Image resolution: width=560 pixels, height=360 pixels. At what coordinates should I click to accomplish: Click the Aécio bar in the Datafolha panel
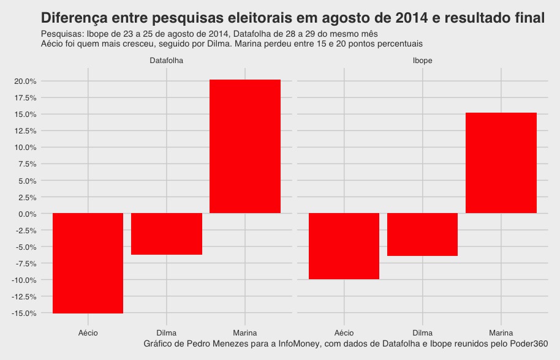click(x=88, y=263)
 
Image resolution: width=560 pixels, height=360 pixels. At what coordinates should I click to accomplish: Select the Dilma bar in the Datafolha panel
click(x=167, y=234)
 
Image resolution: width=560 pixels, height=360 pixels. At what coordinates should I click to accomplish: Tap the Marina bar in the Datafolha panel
click(x=245, y=146)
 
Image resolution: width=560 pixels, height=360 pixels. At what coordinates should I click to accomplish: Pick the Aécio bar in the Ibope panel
click(x=344, y=246)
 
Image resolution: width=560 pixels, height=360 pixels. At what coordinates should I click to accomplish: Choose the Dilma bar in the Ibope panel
click(x=423, y=234)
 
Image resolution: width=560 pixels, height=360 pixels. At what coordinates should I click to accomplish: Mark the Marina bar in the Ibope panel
click(x=501, y=163)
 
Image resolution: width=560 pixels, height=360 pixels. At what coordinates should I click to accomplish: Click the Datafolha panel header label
click(x=167, y=61)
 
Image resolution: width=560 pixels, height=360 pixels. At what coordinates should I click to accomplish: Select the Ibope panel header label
click(x=423, y=61)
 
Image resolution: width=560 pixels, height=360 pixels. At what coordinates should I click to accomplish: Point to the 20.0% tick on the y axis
click(x=25, y=81)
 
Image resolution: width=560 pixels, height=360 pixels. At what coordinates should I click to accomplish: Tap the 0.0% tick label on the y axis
click(x=27, y=214)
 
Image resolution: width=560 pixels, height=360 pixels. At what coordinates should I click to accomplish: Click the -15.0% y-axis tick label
click(x=24, y=313)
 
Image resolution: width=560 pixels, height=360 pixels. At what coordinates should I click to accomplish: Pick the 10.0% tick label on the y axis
click(x=25, y=148)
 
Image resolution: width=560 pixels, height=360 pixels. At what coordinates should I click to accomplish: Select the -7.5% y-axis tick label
click(x=26, y=263)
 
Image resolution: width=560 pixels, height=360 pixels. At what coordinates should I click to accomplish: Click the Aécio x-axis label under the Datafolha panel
click(x=88, y=333)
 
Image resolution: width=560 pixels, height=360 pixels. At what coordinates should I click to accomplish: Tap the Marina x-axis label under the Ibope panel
click(x=501, y=333)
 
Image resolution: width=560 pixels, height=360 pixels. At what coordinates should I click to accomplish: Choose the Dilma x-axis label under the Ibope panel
click(x=423, y=333)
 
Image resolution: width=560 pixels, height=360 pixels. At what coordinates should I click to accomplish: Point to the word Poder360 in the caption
click(x=528, y=343)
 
